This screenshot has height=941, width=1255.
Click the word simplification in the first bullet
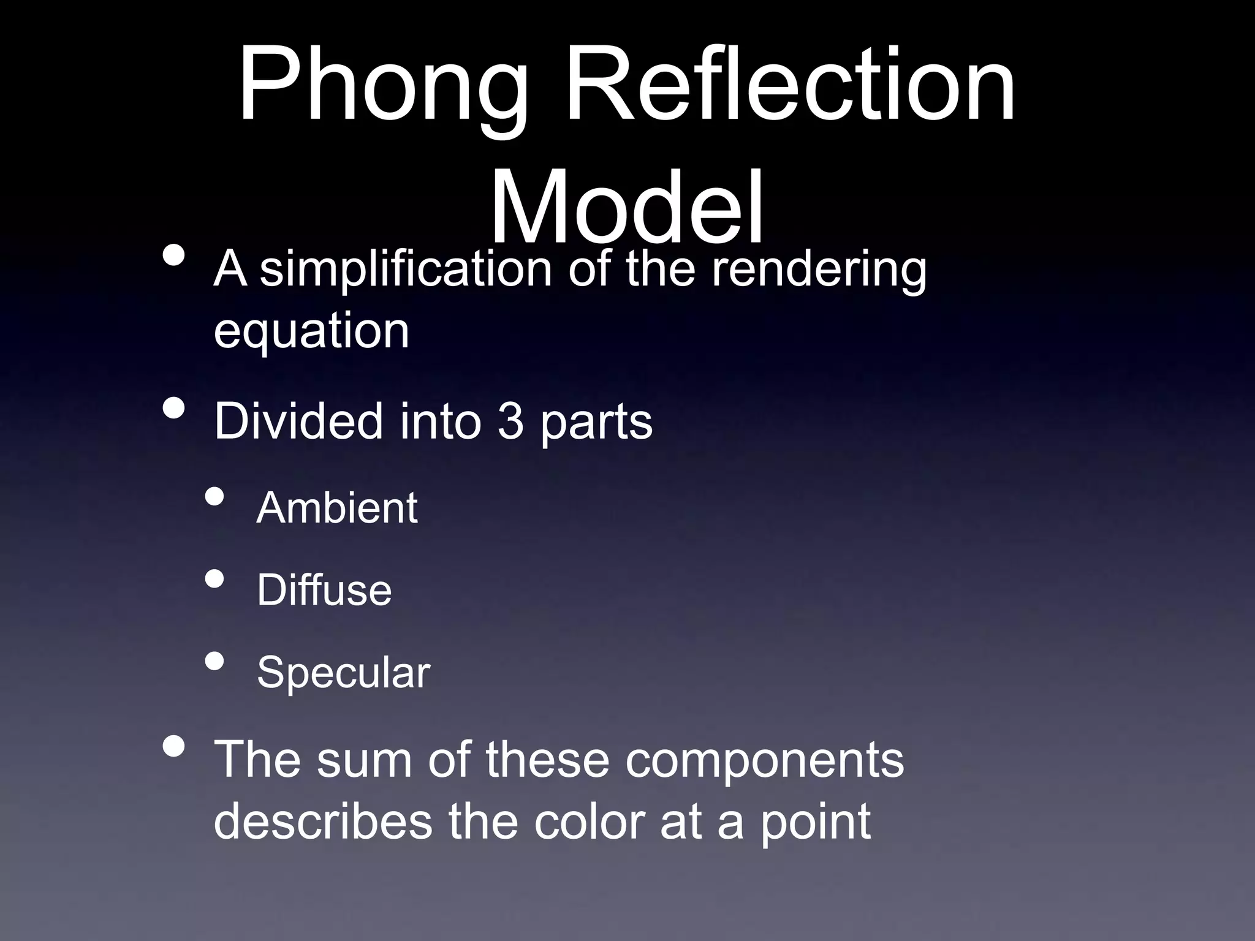(406, 270)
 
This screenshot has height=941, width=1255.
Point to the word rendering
(819, 271)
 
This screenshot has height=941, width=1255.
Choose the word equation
(311, 331)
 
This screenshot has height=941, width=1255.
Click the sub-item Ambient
(337, 508)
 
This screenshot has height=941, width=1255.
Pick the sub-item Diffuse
(324, 590)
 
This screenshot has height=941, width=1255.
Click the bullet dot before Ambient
(214, 497)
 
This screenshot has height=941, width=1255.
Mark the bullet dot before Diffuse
(214, 579)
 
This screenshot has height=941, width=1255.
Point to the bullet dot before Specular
(214, 661)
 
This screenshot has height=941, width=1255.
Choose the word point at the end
(815, 823)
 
